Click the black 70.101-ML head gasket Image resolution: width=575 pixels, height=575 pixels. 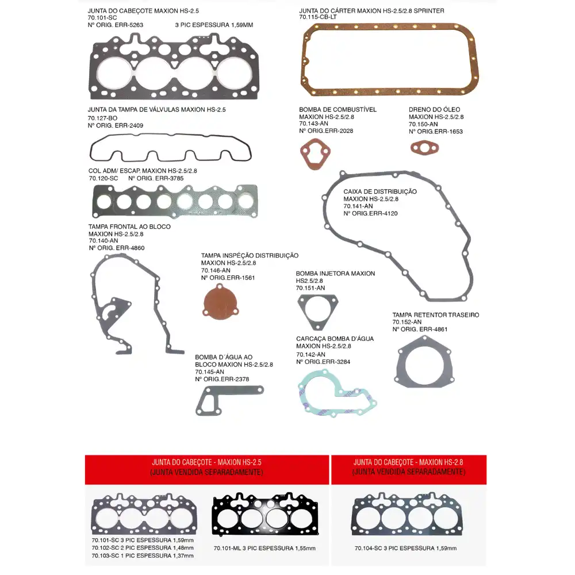click(x=264, y=517)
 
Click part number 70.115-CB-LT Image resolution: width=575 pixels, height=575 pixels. click(x=318, y=18)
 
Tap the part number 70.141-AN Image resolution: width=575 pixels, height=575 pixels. click(x=358, y=206)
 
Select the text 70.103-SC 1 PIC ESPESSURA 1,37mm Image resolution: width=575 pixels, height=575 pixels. click(x=142, y=555)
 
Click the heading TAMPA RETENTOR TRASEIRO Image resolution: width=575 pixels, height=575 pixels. click(x=435, y=315)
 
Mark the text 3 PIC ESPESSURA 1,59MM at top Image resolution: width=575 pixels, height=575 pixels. click(x=213, y=25)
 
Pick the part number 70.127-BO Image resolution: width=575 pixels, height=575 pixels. click(x=102, y=118)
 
